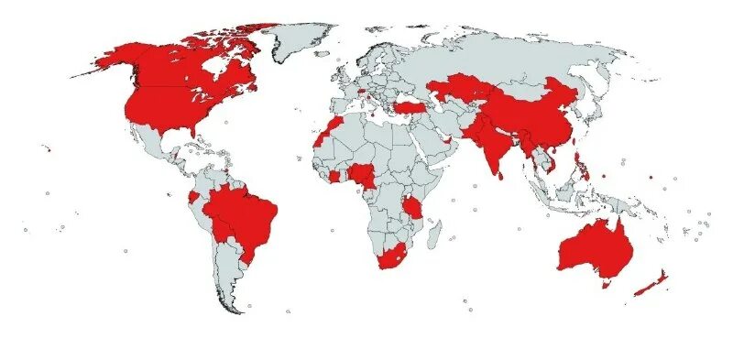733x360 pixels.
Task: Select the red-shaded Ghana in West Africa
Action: point(335,176)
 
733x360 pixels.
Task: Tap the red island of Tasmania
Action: point(605,284)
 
